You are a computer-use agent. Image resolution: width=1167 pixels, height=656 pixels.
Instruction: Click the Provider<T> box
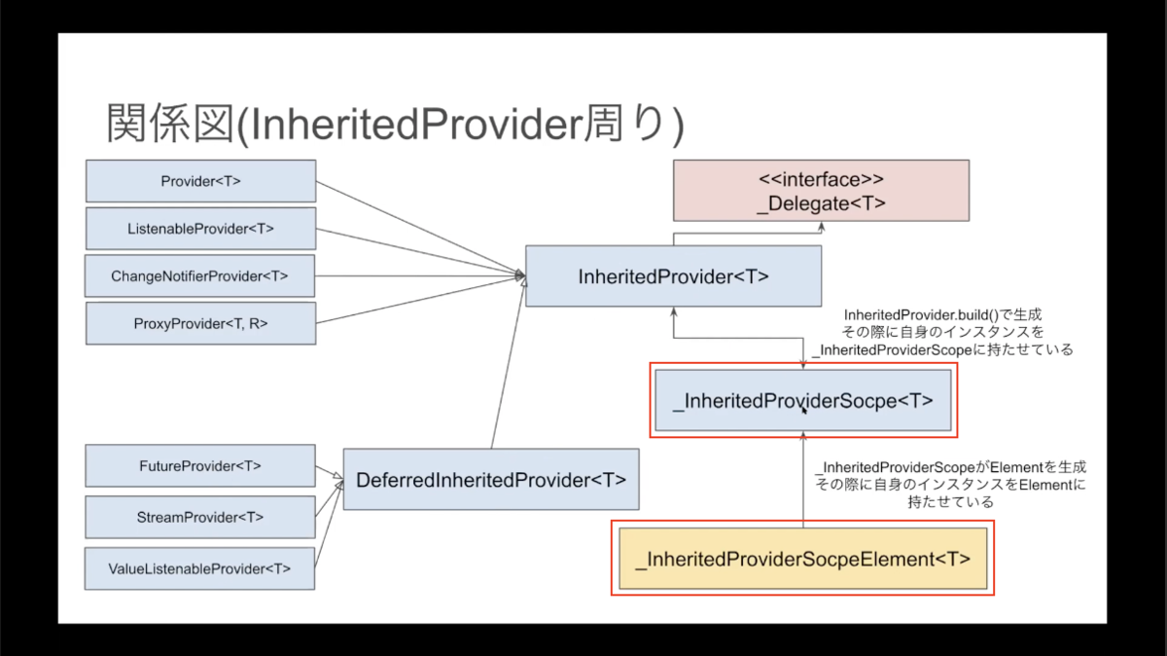pyautogui.click(x=200, y=181)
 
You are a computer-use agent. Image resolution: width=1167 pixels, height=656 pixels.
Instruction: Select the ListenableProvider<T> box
pyautogui.click(x=200, y=229)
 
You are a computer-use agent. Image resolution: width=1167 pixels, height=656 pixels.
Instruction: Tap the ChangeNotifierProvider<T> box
pyautogui.click(x=200, y=275)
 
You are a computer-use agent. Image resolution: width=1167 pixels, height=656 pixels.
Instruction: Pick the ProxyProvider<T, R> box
pyautogui.click(x=200, y=323)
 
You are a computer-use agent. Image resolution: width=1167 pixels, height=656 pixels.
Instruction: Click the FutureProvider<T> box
pyautogui.click(x=200, y=465)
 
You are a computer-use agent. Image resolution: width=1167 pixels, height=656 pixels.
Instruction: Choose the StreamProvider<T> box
pyautogui.click(x=200, y=517)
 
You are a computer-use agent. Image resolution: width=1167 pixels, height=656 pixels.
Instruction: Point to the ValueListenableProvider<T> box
pyautogui.click(x=199, y=568)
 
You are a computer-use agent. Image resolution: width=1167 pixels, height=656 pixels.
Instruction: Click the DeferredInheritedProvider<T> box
pyautogui.click(x=491, y=479)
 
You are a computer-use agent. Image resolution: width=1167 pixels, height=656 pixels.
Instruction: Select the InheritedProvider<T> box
pyautogui.click(x=674, y=275)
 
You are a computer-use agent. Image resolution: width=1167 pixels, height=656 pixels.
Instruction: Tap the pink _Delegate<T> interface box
pyautogui.click(x=821, y=191)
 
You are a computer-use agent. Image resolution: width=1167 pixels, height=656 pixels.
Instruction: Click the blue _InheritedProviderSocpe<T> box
pyautogui.click(x=803, y=400)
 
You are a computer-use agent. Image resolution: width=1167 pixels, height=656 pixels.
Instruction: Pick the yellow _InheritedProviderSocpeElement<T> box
pyautogui.click(x=803, y=559)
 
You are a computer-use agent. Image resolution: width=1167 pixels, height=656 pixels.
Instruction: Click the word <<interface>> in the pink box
pyautogui.click(x=821, y=179)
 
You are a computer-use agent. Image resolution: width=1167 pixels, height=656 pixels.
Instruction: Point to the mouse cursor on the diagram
pyautogui.click(x=804, y=411)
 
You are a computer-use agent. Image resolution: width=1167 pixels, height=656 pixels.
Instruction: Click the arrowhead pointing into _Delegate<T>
pyautogui.click(x=821, y=227)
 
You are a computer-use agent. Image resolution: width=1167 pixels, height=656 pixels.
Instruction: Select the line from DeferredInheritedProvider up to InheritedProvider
pyautogui.click(x=509, y=363)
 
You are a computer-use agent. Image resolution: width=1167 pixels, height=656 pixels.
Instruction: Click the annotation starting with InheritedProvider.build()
pyautogui.click(x=942, y=332)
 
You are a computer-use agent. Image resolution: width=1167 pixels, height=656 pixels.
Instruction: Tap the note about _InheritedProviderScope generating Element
pyautogui.click(x=951, y=484)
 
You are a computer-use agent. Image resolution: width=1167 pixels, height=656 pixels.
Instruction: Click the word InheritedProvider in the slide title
pyautogui.click(x=416, y=125)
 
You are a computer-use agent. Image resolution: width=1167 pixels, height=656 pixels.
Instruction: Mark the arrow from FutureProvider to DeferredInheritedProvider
pyautogui.click(x=330, y=471)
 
